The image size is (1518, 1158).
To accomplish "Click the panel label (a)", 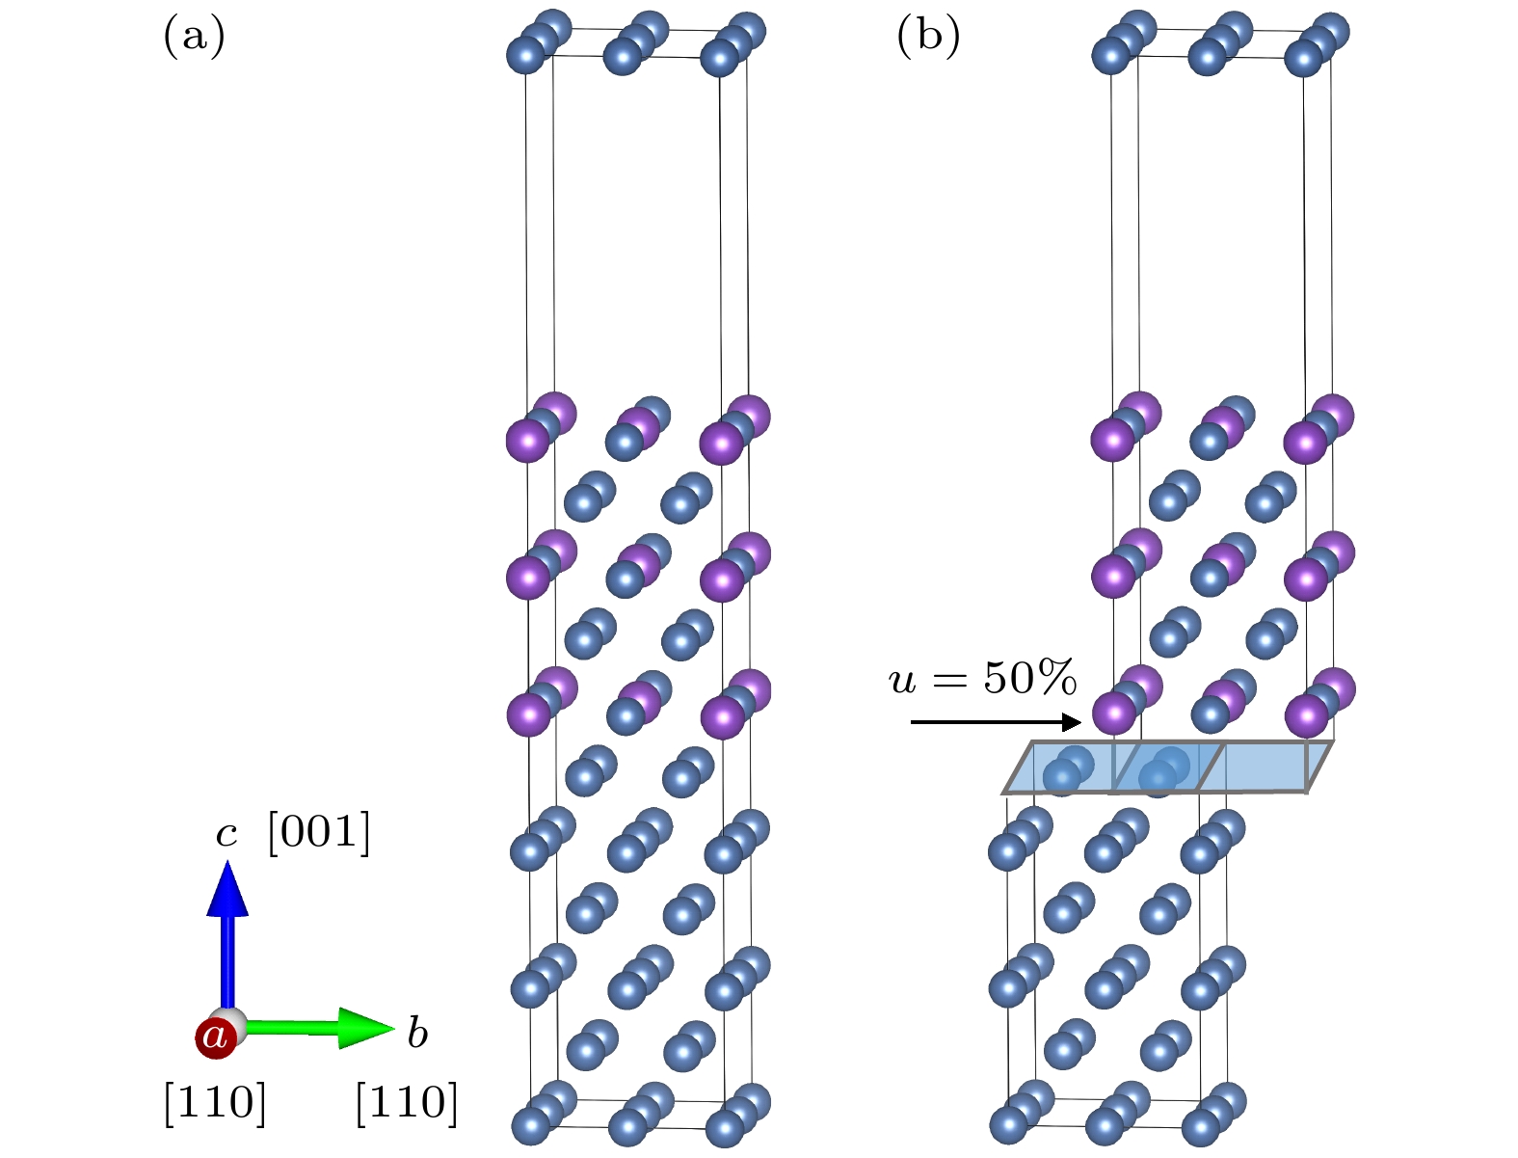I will (x=194, y=39).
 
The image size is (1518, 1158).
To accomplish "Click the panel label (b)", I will (x=927, y=39).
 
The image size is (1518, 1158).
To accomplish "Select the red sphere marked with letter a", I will (x=215, y=1037).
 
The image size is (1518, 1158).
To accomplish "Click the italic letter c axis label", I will (x=226, y=833).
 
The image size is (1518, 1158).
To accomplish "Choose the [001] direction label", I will (x=318, y=833).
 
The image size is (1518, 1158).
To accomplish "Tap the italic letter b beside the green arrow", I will (x=416, y=1033).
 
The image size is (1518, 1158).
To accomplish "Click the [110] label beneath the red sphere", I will (x=214, y=1102).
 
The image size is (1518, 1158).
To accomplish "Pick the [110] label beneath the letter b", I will (x=406, y=1102).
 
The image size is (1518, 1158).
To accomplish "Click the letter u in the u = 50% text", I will (x=902, y=680).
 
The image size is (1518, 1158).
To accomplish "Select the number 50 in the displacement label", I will (x=1005, y=679).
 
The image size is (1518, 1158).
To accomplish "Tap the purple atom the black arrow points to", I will (x=1113, y=714).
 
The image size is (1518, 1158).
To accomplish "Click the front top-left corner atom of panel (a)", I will (x=526, y=54).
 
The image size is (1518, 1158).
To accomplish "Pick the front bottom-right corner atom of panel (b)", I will (x=1201, y=1124).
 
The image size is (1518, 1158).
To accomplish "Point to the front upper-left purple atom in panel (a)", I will (x=527, y=441).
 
